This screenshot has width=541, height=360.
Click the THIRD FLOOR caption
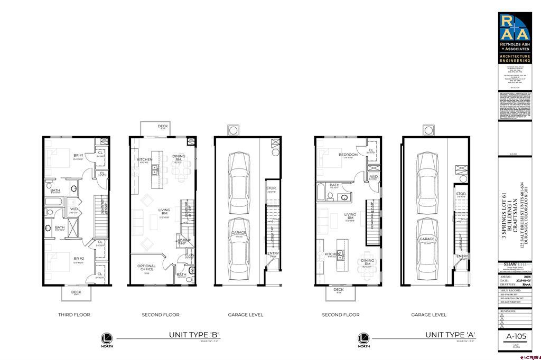click(74, 315)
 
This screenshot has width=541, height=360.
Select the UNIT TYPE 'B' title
click(194, 335)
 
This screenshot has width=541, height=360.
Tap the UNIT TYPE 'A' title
click(451, 335)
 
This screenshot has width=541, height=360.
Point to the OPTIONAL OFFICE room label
click(146, 268)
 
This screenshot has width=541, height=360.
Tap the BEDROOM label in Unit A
click(348, 155)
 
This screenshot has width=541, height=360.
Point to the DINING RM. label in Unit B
click(179, 156)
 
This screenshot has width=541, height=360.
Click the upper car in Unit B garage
click(238, 175)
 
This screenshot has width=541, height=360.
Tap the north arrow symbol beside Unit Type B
click(108, 338)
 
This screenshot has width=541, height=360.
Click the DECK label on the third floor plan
click(76, 292)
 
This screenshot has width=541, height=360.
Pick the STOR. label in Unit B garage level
click(272, 187)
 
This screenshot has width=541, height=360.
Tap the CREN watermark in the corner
click(529, 356)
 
